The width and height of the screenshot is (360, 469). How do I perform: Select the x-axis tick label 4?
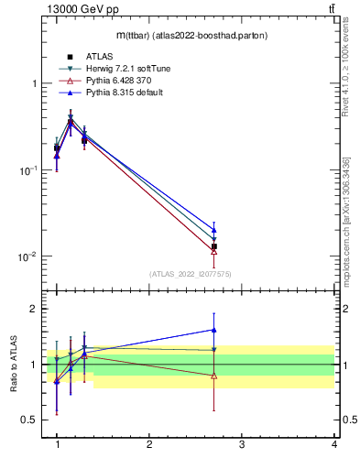[333, 444]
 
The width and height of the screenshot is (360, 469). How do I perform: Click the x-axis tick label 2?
[149, 444]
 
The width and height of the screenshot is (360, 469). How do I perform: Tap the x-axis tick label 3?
[242, 444]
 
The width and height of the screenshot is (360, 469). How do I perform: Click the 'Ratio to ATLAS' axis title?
[14, 364]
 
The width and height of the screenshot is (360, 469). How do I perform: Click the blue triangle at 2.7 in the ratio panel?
[213, 330]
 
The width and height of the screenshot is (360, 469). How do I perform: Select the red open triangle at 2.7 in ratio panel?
[213, 376]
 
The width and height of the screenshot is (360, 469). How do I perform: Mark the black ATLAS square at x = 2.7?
[213, 246]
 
